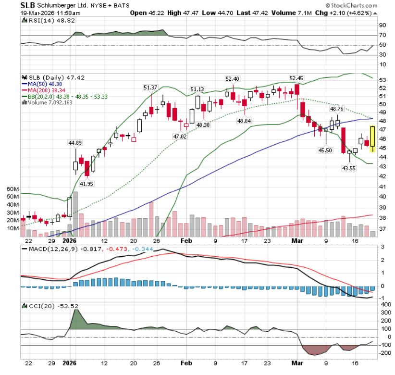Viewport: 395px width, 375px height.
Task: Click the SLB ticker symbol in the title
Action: (28, 5)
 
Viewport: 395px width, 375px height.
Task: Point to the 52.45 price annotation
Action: (296, 78)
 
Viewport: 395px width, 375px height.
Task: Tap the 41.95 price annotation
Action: (87, 184)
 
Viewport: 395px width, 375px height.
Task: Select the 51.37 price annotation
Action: (150, 87)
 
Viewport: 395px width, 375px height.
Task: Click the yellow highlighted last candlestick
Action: (372, 138)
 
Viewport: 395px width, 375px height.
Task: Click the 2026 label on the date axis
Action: (70, 240)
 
